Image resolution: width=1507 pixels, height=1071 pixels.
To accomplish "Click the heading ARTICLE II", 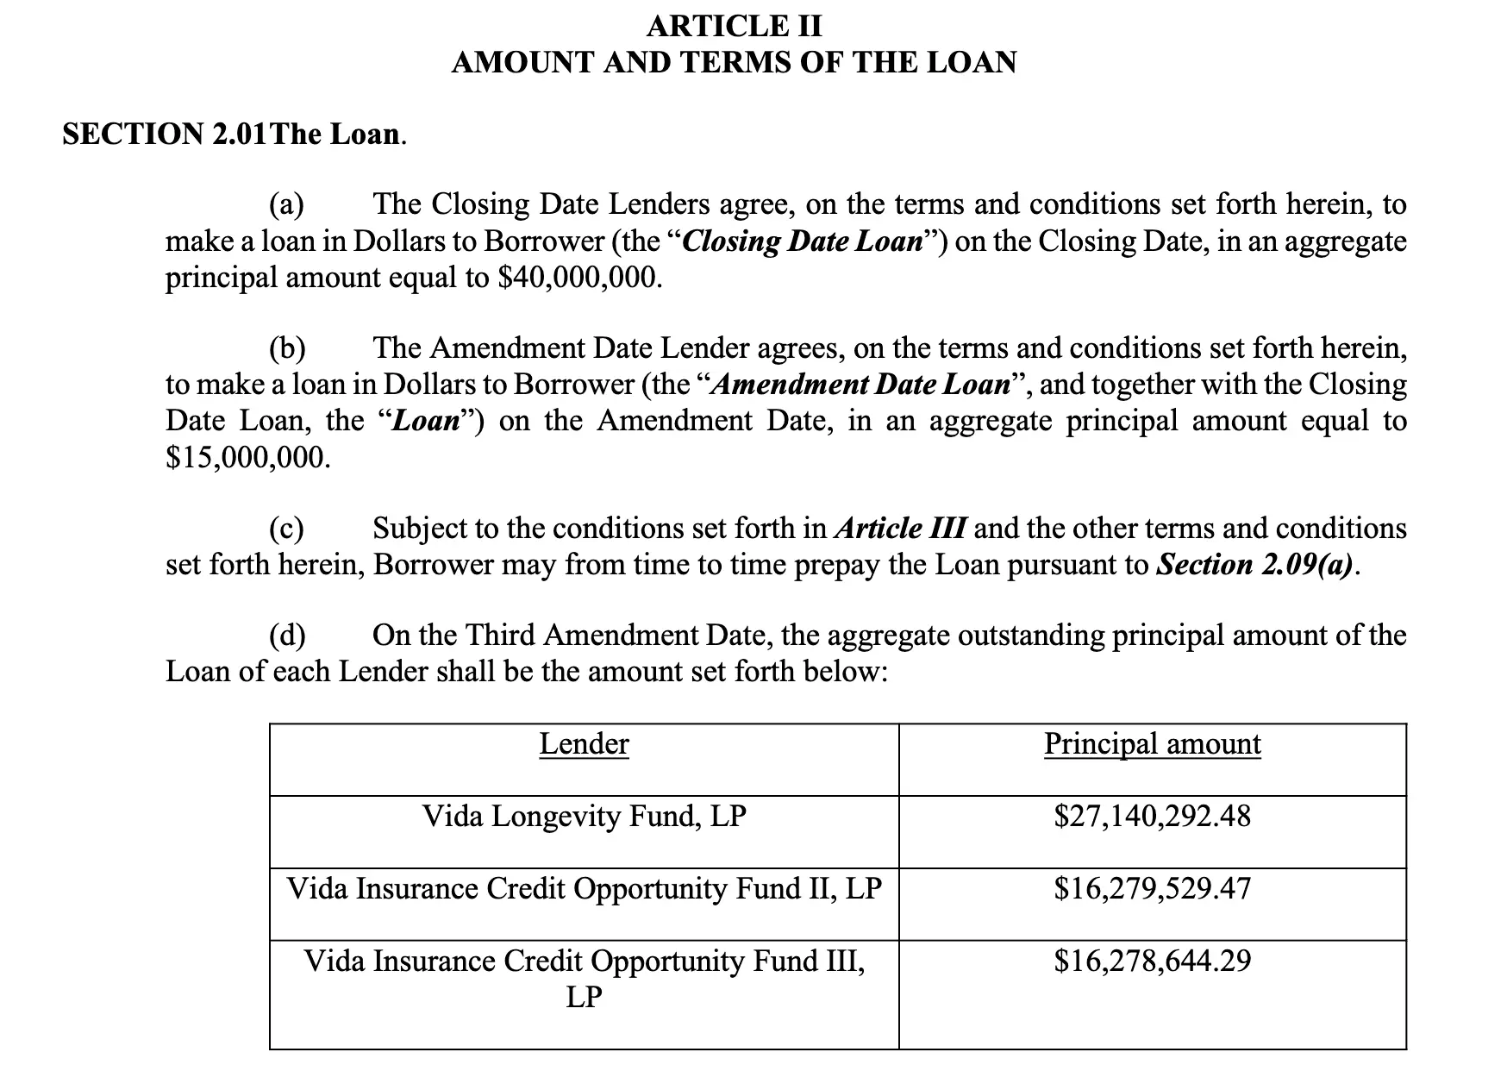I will click(x=735, y=26).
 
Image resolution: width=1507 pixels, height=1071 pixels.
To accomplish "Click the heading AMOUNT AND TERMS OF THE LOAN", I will click(x=735, y=63).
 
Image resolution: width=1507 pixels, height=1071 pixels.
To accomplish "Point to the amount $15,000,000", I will click(x=248, y=457).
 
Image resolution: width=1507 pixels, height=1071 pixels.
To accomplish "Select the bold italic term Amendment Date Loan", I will click(x=859, y=385).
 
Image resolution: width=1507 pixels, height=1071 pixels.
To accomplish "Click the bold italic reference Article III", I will click(x=900, y=529).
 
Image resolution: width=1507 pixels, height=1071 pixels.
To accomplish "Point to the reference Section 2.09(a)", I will click(x=1255, y=565).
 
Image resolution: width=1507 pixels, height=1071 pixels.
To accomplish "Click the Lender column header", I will click(x=584, y=744).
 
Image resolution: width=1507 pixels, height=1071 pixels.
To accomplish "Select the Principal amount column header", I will click(x=1152, y=744).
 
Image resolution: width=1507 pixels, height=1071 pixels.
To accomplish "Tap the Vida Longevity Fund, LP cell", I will click(x=584, y=816).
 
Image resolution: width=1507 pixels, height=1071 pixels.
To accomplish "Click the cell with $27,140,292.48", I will click(x=1152, y=816).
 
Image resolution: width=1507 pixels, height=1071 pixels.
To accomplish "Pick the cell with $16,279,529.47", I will click(x=1152, y=888).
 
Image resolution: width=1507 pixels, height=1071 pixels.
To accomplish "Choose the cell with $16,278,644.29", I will click(x=1152, y=961).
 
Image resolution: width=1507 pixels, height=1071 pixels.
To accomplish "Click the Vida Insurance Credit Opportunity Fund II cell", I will click(x=584, y=888).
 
